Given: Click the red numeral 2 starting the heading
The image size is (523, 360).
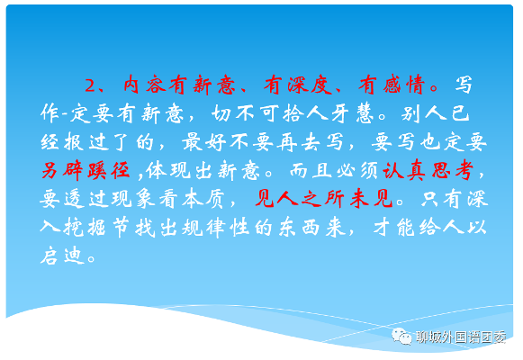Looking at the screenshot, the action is pyautogui.click(x=90, y=85).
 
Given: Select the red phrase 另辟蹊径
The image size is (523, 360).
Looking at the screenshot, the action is pyautogui.click(x=86, y=171).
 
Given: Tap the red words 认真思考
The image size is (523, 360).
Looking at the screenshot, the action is pyautogui.click(x=428, y=171).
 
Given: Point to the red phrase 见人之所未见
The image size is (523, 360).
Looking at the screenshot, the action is pyautogui.click(x=323, y=199).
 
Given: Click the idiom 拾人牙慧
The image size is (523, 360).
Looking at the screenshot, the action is pyautogui.click(x=328, y=113).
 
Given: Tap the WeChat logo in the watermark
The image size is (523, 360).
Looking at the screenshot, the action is pyautogui.click(x=401, y=336).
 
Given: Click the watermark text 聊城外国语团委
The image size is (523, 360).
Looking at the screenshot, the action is pyautogui.click(x=461, y=337).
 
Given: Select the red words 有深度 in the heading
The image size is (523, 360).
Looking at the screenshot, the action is pyautogui.click(x=298, y=85).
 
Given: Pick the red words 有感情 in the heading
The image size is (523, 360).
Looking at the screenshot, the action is pyautogui.click(x=392, y=85).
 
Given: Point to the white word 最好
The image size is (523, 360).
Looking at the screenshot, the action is pyautogui.click(x=203, y=142).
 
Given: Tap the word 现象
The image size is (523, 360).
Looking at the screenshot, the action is pyautogui.click(x=132, y=199).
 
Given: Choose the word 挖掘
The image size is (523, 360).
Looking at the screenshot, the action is pyautogui.click(x=85, y=228).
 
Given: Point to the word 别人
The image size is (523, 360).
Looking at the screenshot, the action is pyautogui.click(x=424, y=113).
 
